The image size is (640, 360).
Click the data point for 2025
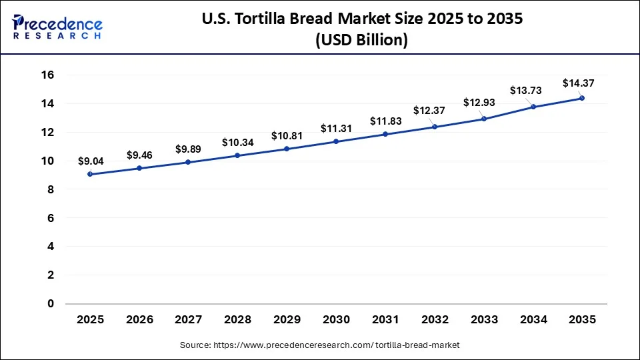coord(90,174)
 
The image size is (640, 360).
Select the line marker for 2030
coord(336,141)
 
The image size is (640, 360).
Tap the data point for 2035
coord(582,98)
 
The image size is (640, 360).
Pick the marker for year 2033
coord(483,119)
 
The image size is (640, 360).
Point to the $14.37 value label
coord(578,83)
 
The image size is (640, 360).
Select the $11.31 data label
coord(336,128)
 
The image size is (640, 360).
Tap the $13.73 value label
coord(529,90)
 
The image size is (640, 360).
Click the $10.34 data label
coord(237,142)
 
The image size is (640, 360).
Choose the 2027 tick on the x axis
coord(189,320)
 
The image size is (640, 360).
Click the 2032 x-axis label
coord(435,320)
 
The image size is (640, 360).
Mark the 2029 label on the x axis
coord(287,320)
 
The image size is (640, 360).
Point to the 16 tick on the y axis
coord(47,75)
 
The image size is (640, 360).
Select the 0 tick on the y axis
coord(50,303)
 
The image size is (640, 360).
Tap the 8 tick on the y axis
coord(50,189)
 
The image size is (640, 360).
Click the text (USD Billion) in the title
coord(361,41)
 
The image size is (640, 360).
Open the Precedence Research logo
coord(57,27)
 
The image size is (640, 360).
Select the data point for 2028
coord(237,155)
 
